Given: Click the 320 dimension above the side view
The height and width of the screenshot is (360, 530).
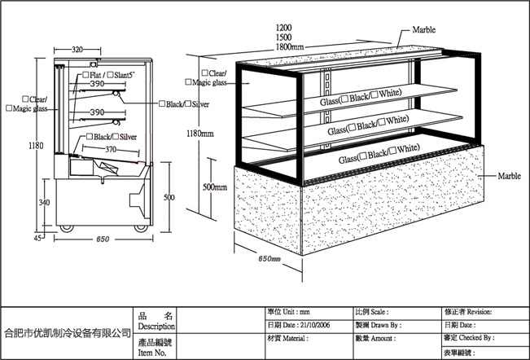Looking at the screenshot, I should point(78,50).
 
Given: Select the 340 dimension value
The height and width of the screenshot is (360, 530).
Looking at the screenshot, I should point(44,203).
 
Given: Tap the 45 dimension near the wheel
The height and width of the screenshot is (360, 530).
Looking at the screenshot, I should point(37,239).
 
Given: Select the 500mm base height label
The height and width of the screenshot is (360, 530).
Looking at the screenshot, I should point(215,187).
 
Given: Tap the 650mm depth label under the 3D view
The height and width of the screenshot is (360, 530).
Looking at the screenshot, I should point(269,259).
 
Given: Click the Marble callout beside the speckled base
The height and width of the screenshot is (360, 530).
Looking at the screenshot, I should point(510,175).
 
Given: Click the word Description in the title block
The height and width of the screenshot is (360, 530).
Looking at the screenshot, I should point(156,326).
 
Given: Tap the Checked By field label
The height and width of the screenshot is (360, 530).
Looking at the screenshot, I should point(476,337).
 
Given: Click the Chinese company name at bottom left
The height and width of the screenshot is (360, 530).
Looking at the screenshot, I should point(68,332).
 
